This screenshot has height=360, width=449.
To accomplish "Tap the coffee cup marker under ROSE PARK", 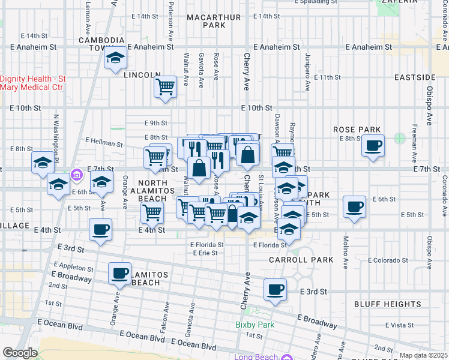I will coord(373,145).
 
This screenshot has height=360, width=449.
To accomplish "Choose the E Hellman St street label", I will coord(104,142).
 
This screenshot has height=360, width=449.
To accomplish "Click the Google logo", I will coord(20,353).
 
